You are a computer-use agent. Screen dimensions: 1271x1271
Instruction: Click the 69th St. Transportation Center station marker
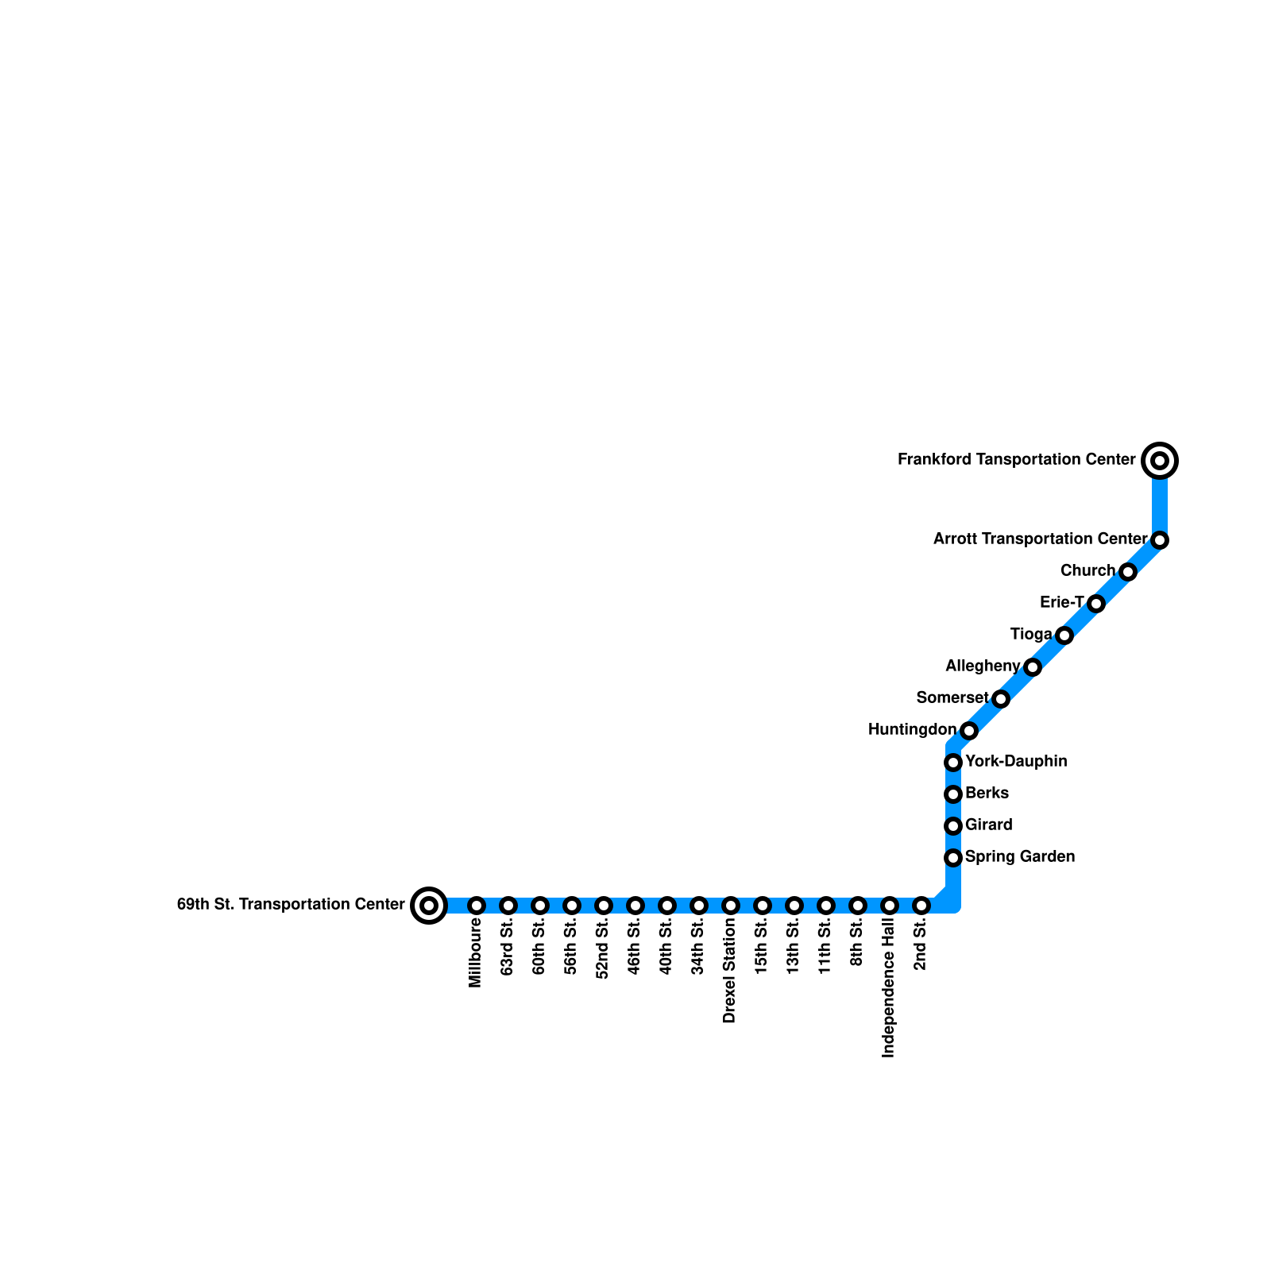point(429,905)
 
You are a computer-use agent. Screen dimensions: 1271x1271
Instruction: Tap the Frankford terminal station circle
point(1160,460)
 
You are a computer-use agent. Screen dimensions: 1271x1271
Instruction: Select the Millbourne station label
point(476,952)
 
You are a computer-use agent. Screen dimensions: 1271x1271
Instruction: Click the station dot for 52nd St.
point(604,905)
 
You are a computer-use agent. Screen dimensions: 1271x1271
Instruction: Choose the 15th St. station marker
point(763,905)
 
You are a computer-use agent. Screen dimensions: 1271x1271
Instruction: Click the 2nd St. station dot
point(921,905)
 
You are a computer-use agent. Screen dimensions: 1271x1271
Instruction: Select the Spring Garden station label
point(1020,856)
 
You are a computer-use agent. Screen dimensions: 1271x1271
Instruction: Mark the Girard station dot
point(953,826)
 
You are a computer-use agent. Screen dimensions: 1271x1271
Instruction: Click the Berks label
point(987,793)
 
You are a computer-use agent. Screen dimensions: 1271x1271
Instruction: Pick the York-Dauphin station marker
point(953,763)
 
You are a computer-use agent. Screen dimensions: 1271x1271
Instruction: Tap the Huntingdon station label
point(912,729)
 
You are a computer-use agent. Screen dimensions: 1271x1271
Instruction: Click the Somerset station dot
point(1001,699)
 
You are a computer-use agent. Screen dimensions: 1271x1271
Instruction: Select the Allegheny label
point(983,666)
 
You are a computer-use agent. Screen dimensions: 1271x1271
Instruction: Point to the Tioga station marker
point(1064,635)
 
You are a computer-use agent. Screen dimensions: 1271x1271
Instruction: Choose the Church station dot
point(1128,572)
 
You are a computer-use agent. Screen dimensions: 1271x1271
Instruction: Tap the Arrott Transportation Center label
point(1041,539)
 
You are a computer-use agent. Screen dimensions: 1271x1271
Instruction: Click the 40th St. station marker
point(667,905)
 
